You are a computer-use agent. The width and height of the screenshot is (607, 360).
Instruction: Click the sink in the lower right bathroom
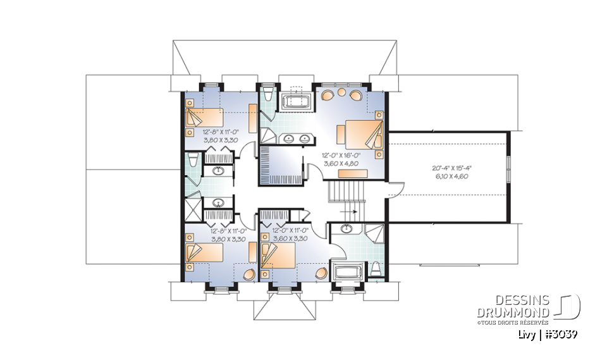(346, 229)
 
